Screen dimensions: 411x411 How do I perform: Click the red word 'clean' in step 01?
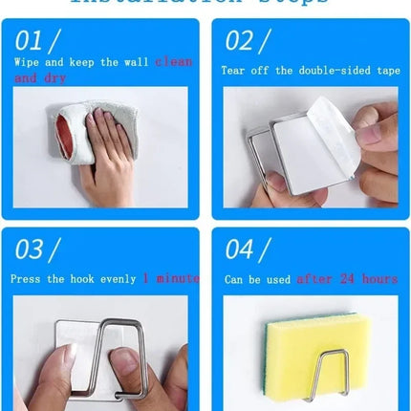click(x=173, y=62)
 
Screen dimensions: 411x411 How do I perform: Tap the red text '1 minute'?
click(x=171, y=279)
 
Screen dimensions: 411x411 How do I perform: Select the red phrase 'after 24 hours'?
click(x=346, y=279)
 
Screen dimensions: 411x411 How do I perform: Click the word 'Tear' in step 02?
click(x=235, y=71)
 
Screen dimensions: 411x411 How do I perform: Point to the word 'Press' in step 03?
click(x=27, y=279)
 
